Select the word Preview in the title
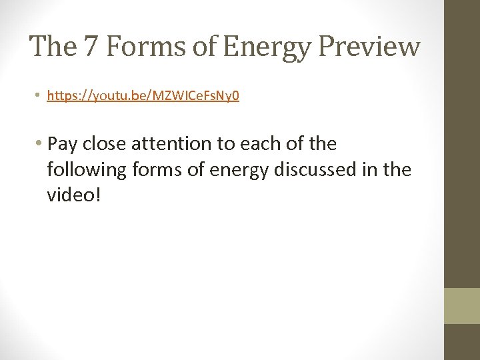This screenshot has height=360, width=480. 371,47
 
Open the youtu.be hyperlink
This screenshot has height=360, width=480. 143,96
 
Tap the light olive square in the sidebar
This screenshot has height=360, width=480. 461,306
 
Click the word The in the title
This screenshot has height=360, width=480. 49,47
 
